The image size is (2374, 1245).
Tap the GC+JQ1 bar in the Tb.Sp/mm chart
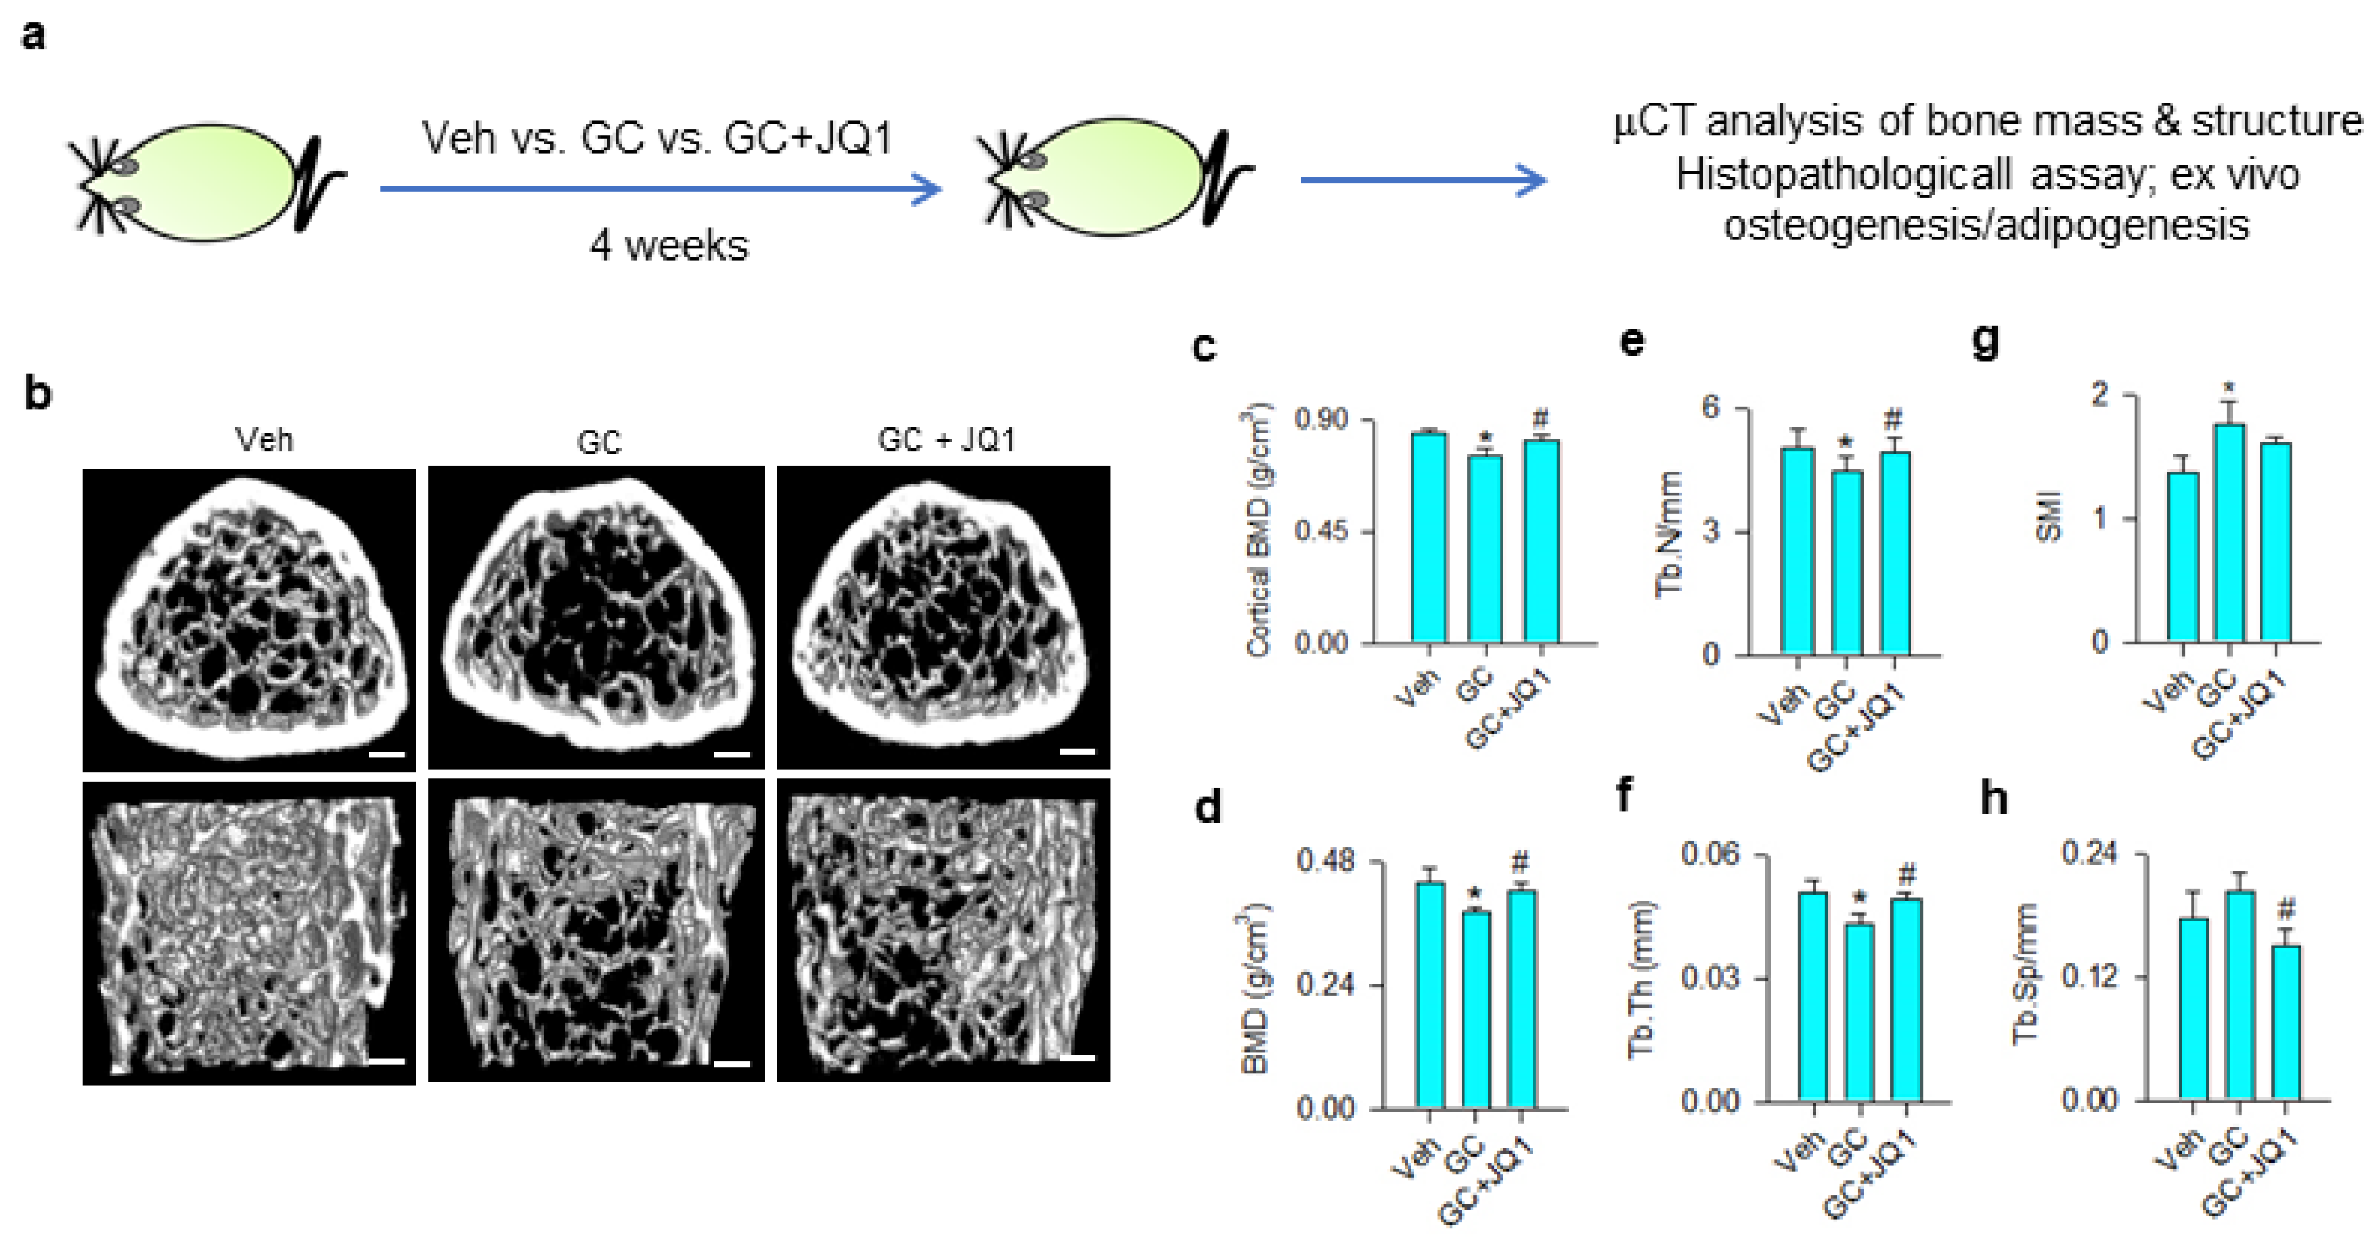(2286, 1023)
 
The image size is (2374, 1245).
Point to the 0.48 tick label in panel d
(1325, 863)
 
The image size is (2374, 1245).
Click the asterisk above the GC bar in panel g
(2228, 389)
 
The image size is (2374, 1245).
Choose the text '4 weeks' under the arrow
(669, 246)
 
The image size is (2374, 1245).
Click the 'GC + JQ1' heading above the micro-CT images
(946, 440)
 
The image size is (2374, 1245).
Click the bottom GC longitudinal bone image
(595, 931)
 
